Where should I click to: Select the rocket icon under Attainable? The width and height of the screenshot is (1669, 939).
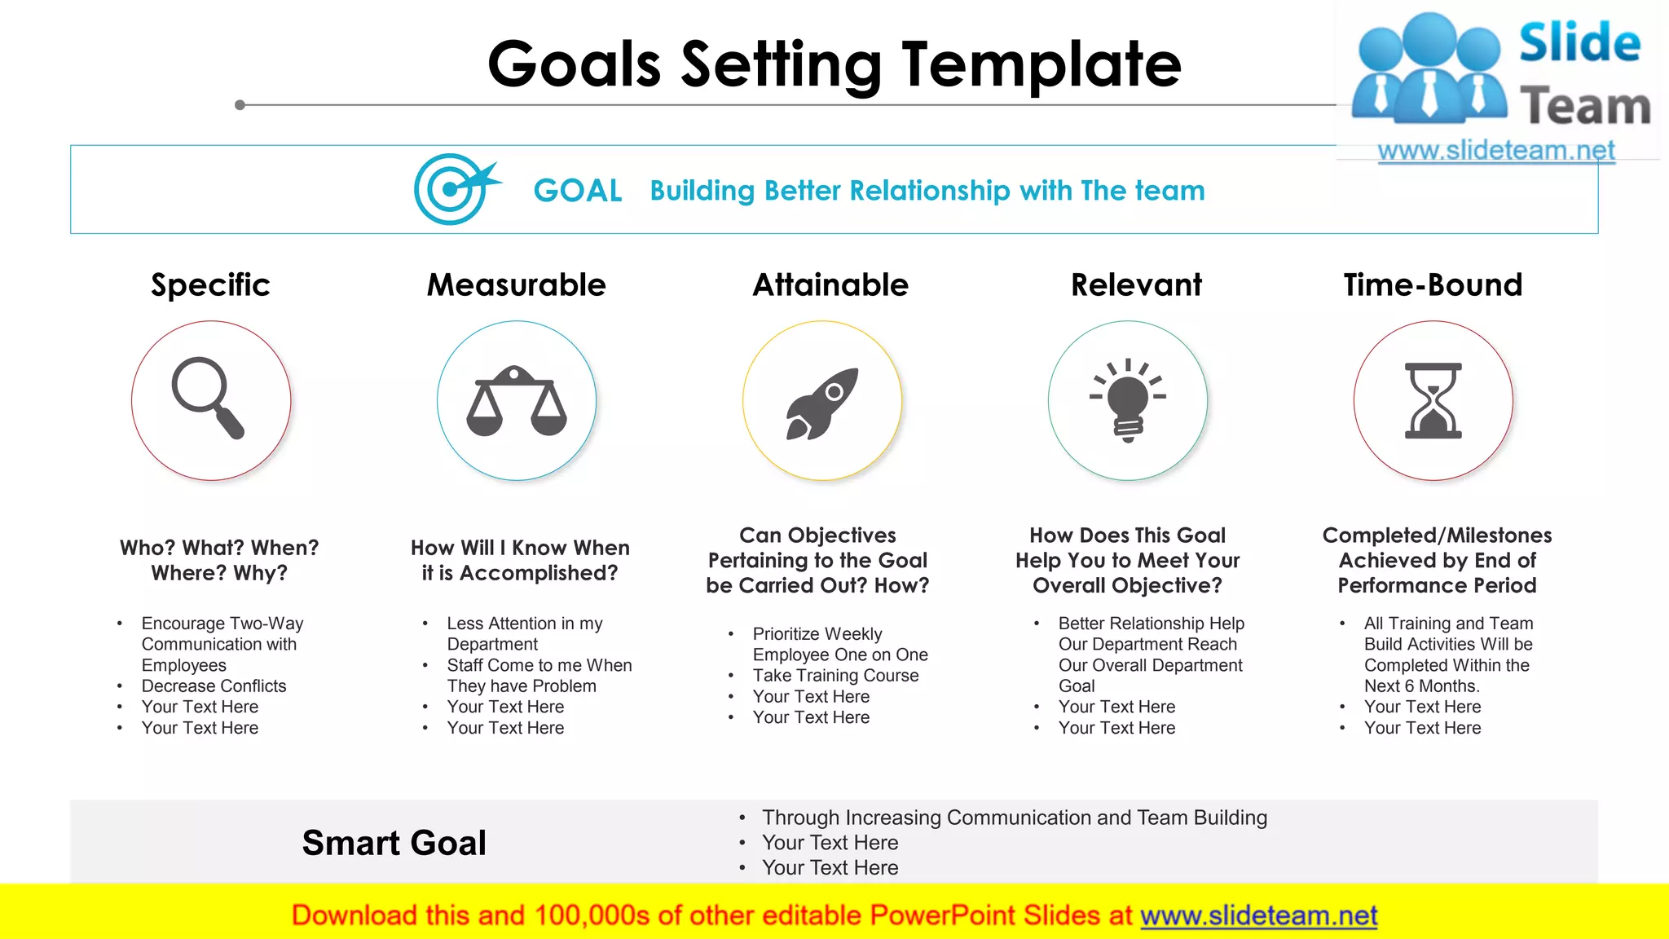821,403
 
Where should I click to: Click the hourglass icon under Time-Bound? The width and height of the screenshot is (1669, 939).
1433,401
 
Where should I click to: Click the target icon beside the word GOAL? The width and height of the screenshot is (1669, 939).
452,189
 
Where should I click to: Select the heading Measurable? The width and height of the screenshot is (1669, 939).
517,284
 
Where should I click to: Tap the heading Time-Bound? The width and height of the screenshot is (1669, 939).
1433,284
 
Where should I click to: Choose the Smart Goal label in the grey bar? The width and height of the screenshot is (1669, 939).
394,843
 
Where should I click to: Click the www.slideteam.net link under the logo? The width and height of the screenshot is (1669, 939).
1495,151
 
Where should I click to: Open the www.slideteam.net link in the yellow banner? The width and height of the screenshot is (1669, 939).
1258,915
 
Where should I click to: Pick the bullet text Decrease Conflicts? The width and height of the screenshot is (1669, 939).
214,686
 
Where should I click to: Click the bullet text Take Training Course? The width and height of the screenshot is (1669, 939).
835,676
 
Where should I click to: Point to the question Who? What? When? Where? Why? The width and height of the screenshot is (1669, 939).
219,560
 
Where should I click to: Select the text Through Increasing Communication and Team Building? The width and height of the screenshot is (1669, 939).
1014,818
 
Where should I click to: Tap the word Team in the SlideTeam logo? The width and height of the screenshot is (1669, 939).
1584,107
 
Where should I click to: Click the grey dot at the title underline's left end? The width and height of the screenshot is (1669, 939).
240,105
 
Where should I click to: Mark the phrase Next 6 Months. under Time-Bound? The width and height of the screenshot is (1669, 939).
1421,686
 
